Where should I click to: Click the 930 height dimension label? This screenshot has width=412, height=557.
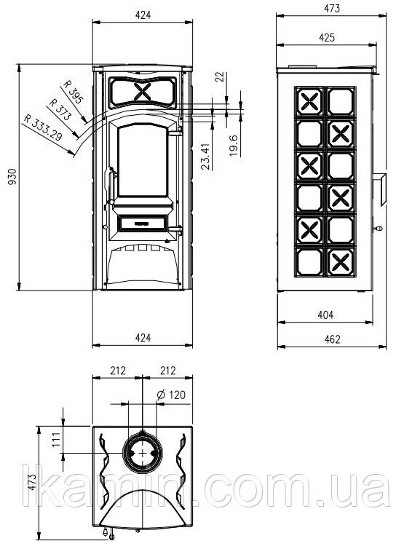coord(12,176)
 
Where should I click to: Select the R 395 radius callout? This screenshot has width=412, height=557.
coord(73,92)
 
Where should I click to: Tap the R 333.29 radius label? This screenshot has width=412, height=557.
coord(43,127)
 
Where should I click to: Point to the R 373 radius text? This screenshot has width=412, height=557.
coord(60,109)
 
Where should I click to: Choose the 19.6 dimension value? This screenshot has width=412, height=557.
coord(234,146)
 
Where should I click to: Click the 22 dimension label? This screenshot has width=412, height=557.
coord(221,77)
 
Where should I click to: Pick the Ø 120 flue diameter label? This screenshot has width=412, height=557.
coord(171,395)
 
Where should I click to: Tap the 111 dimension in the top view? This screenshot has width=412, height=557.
coord(58,440)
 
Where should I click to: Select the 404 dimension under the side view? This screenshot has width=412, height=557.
coord(325,315)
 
